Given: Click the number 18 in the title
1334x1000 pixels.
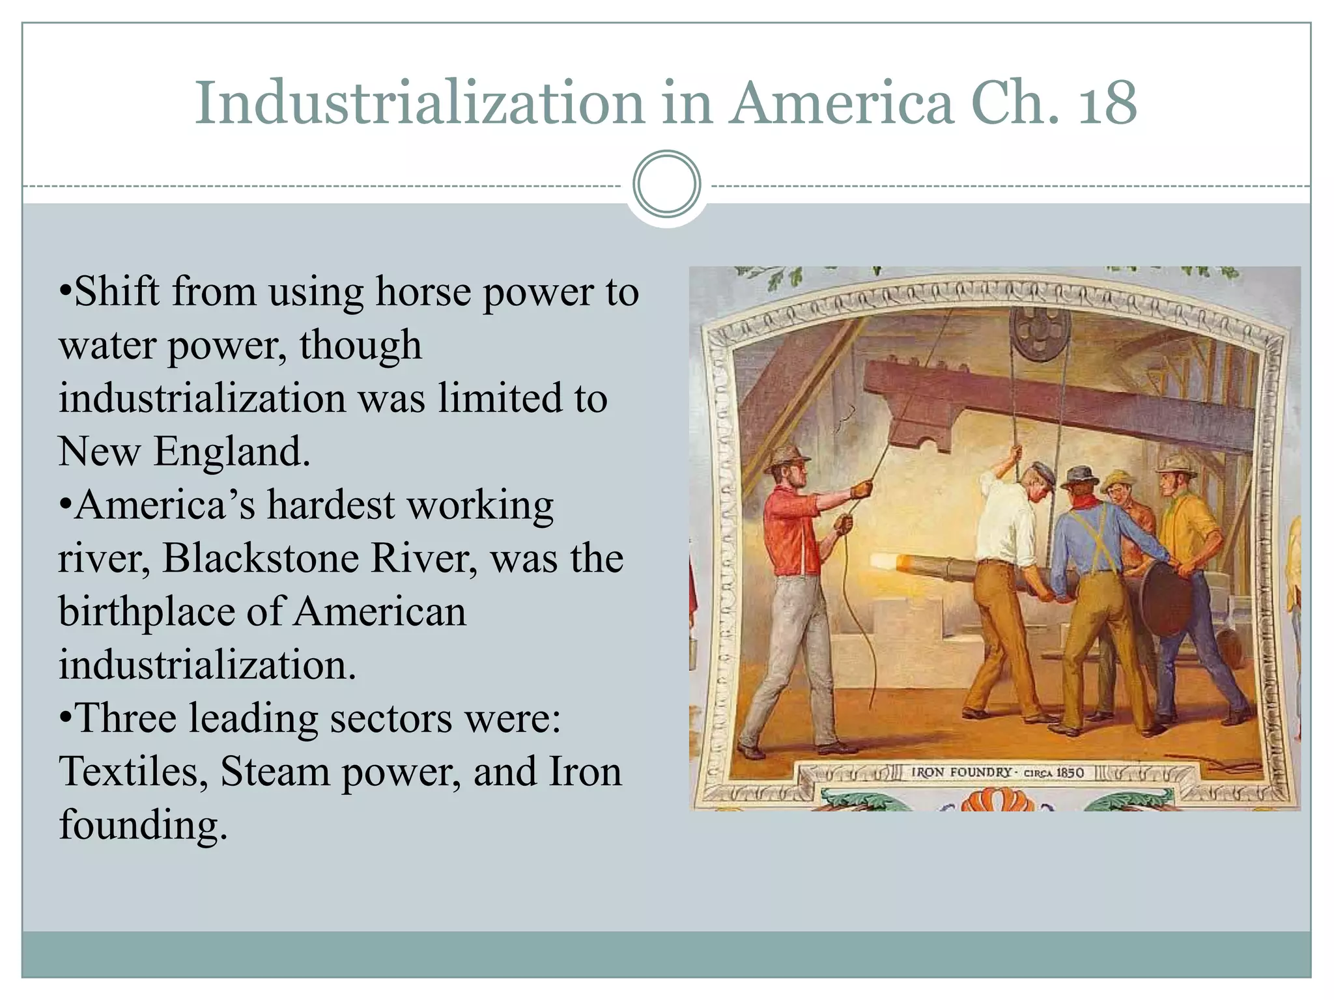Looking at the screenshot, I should pos(1107,104).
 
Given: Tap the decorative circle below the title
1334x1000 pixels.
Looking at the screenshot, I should pos(666,184).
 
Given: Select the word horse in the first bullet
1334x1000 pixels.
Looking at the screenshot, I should pos(423,292).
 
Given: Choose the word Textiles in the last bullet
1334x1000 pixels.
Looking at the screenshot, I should pos(133,773).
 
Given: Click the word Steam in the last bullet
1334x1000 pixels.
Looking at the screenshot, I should pos(274,773).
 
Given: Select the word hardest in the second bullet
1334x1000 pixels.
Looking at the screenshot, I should pos(330,506).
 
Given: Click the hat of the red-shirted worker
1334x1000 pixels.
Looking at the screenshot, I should pos(786,459).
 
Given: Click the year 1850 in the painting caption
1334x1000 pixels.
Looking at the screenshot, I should pos(1070,773).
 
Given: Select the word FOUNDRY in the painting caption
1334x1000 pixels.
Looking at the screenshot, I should pos(980,773).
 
